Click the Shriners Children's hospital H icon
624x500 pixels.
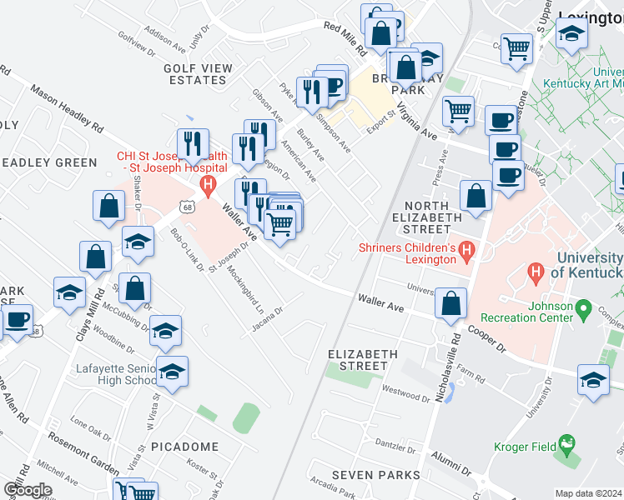466,248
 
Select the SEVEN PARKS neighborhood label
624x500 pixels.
375,475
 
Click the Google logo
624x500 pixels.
28,490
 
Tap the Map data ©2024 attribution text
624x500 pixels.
588,493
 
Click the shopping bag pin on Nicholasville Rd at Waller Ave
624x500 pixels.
450,304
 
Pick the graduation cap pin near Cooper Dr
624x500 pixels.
592,380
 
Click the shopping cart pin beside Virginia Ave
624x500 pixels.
458,111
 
